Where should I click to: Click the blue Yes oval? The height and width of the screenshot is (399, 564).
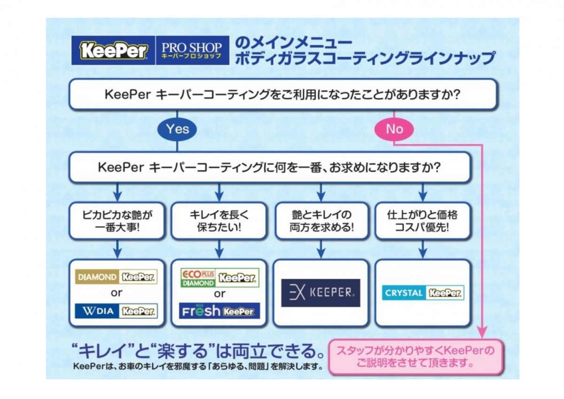(x=177, y=128)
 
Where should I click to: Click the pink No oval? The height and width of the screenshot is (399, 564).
(x=394, y=128)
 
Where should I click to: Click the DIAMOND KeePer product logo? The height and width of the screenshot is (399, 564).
(x=116, y=277)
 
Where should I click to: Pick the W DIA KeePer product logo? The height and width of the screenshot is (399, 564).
(x=116, y=311)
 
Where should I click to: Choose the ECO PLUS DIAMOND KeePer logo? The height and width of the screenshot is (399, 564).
(x=219, y=278)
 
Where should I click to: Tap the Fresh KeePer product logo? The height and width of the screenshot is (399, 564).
(x=219, y=311)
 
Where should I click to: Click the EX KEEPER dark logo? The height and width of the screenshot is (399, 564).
(x=321, y=293)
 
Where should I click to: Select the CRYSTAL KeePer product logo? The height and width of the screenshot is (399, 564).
(x=423, y=293)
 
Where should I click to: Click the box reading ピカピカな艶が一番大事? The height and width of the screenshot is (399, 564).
(x=117, y=221)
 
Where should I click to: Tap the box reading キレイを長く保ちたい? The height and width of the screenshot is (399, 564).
(x=219, y=221)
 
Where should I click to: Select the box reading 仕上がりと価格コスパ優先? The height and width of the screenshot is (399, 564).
(x=423, y=221)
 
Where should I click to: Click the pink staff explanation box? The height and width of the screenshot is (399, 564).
(x=413, y=357)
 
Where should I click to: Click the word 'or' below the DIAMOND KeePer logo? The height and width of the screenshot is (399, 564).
(x=116, y=293)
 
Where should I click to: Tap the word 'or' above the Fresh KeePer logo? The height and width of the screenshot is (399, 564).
(x=219, y=294)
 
